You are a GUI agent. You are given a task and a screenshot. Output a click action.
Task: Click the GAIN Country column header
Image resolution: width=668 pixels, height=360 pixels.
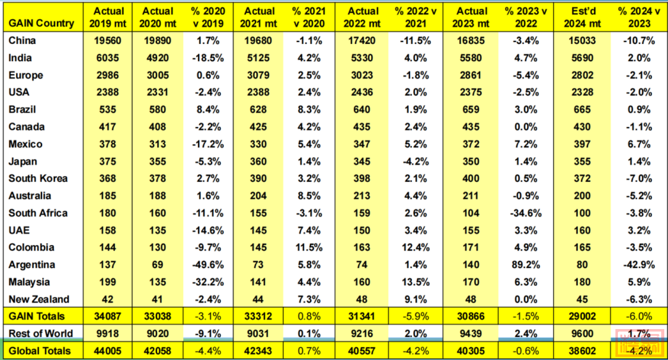click(x=41, y=24)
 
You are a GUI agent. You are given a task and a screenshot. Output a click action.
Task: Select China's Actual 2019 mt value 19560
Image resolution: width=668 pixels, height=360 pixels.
click(x=108, y=41)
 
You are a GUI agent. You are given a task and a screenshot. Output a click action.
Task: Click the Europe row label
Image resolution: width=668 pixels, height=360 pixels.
click(x=26, y=75)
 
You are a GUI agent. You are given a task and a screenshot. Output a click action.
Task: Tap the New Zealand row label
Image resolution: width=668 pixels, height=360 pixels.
click(x=39, y=299)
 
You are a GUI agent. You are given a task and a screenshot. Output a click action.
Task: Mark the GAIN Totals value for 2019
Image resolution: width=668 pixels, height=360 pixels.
click(x=108, y=316)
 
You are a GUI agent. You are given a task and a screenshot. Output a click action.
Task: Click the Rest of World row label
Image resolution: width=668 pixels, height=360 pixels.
click(x=40, y=334)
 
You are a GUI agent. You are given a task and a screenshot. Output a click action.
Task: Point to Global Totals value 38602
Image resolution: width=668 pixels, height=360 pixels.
click(x=583, y=351)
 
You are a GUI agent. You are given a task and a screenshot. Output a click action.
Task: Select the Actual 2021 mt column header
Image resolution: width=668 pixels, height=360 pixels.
click(x=260, y=17)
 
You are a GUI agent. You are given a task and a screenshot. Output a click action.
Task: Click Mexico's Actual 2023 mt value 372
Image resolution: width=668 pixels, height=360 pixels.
click(x=471, y=144)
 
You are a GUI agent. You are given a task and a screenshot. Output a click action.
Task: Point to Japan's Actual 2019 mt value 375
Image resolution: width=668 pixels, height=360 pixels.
click(x=108, y=161)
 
